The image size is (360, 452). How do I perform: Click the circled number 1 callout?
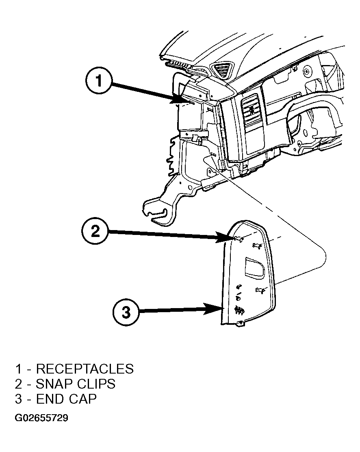click(x=99, y=80)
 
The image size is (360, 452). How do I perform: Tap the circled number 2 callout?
click(x=95, y=231)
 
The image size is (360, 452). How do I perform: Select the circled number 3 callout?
click(x=126, y=312)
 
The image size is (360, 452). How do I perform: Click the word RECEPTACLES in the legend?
click(x=85, y=369)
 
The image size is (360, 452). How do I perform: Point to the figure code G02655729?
click(x=41, y=418)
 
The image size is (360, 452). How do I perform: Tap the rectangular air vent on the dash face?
click(x=252, y=111)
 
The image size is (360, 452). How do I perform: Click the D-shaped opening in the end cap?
click(x=254, y=268)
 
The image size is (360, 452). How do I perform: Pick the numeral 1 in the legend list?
click(x=18, y=369)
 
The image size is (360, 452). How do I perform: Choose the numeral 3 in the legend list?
click(x=18, y=399)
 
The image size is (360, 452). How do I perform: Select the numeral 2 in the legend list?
click(x=18, y=384)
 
